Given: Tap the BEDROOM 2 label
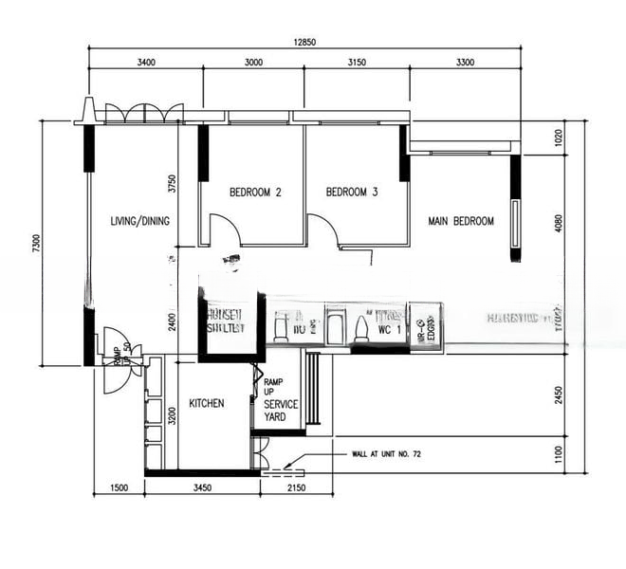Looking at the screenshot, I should [255, 193].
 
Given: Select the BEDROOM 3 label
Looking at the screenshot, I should [352, 193].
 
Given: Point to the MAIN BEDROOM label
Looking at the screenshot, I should [461, 221].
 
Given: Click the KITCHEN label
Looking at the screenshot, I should [206, 403].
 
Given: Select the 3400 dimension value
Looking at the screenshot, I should [146, 63].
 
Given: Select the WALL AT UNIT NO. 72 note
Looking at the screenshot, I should [384, 454].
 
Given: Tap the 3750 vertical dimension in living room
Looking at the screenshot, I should [172, 183].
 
